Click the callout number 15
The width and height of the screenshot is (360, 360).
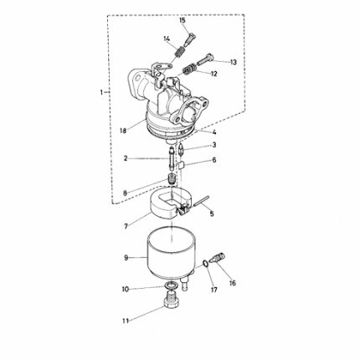click(x=183, y=20)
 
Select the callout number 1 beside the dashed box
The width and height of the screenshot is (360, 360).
click(x=101, y=92)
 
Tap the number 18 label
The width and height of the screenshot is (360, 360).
click(x=123, y=131)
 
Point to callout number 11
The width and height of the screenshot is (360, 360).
click(x=126, y=321)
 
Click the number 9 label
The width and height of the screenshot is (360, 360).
click(x=126, y=258)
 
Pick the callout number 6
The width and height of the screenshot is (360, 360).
click(x=214, y=160)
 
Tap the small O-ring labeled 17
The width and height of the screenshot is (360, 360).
click(x=205, y=263)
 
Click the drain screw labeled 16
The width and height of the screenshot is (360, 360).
click(x=219, y=258)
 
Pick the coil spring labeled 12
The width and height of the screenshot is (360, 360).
click(x=190, y=69)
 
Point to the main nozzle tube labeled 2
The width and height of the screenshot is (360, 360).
click(x=171, y=159)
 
